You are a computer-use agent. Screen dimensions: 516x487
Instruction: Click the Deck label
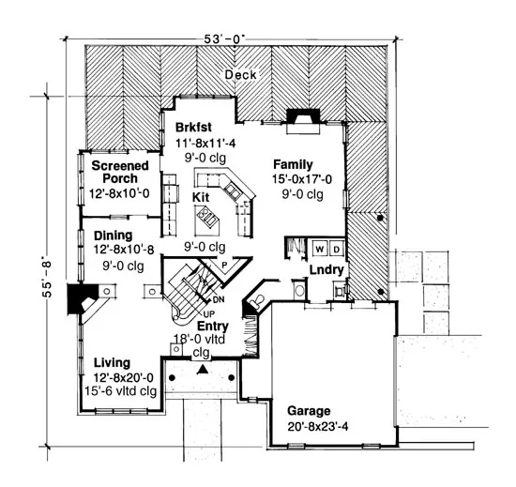240,75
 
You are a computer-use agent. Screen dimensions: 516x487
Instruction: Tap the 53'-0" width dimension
224,39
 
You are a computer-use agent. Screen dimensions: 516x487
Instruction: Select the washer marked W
319,250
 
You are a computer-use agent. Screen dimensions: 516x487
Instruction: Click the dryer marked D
336,250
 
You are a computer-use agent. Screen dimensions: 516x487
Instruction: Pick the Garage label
309,411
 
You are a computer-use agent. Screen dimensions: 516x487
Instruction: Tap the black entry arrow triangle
203,370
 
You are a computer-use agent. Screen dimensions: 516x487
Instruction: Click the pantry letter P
225,265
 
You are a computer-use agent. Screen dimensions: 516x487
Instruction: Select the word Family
293,164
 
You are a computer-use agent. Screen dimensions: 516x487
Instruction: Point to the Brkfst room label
193,128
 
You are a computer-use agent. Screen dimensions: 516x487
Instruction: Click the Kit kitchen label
201,197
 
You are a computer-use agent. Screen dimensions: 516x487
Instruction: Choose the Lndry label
326,270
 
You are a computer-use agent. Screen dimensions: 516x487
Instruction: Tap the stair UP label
209,313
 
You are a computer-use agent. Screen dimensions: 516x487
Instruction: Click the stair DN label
219,299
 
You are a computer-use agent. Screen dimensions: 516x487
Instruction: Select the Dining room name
114,236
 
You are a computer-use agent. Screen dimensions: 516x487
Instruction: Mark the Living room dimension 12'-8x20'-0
124,377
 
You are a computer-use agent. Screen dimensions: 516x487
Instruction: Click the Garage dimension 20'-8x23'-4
317,427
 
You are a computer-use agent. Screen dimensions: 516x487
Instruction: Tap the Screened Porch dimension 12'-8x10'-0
119,193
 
